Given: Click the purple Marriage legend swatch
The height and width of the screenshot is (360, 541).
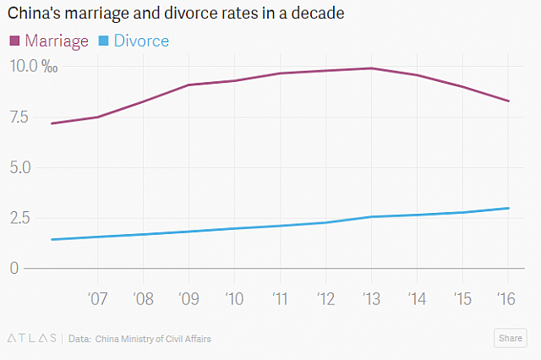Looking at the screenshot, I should [14, 41].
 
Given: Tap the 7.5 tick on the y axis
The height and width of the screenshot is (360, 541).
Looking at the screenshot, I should [23, 117].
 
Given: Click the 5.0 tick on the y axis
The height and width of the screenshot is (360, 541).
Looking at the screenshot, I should [23, 167].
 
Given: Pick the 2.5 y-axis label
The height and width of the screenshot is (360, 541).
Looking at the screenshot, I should [23, 218].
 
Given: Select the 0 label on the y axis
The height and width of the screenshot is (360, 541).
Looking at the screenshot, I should [14, 269].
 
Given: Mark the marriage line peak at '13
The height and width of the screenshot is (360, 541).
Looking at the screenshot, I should [371, 68].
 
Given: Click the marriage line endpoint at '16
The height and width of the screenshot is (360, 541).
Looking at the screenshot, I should [508, 101].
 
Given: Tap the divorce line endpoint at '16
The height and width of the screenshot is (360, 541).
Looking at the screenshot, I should [508, 208].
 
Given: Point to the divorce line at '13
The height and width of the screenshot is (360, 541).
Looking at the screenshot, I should [371, 217].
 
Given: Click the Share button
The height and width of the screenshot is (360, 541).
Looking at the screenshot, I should [510, 338].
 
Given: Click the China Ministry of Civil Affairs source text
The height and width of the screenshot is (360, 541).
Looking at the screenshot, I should [153, 339].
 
